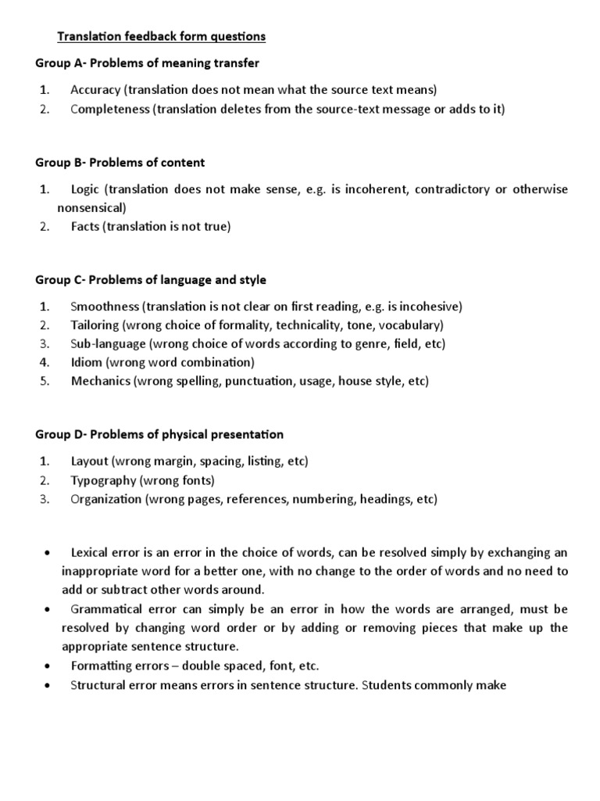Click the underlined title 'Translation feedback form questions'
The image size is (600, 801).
click(162, 36)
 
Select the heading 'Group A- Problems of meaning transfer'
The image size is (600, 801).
click(147, 63)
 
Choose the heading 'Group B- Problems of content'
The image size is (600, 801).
click(120, 163)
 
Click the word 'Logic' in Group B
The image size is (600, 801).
click(86, 189)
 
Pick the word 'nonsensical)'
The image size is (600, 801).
click(91, 208)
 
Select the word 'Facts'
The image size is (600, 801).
click(86, 227)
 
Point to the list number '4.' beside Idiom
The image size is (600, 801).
click(45, 362)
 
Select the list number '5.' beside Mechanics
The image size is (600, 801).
click(45, 381)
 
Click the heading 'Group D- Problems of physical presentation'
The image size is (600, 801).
click(159, 434)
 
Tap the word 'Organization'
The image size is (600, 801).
click(106, 499)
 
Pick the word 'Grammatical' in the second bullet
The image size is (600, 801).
click(107, 609)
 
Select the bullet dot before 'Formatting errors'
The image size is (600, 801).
click(48, 666)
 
